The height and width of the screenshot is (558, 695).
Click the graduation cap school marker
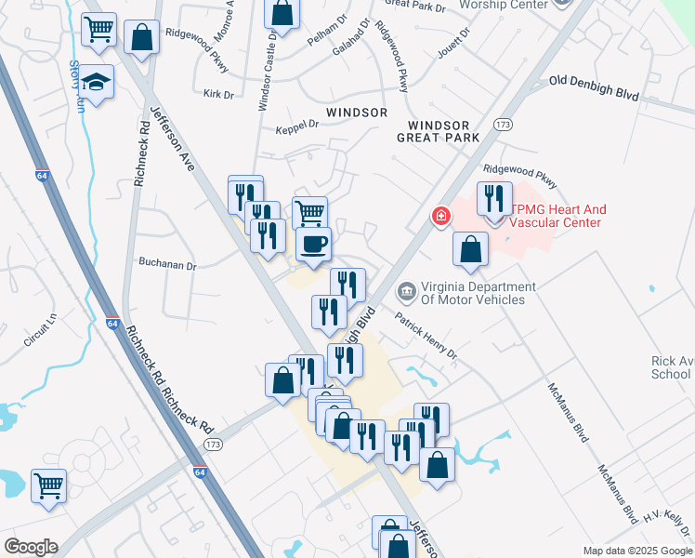tap(96, 82)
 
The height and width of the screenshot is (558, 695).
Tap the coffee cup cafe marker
tap(312, 245)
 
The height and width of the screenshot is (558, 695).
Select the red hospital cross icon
tap(440, 217)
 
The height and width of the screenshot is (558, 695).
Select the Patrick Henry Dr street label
tap(426, 336)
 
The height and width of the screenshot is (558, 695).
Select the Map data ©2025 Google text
tap(636, 551)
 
